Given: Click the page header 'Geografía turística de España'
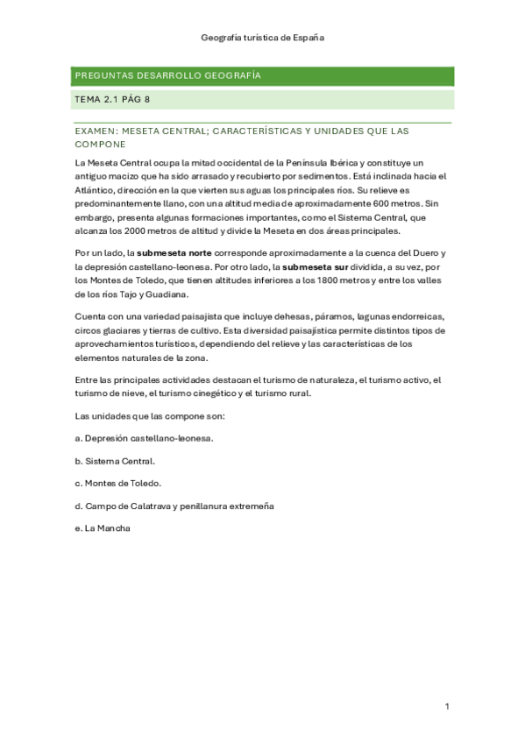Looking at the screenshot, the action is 263,39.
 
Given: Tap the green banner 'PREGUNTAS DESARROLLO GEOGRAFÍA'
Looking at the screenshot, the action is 167,76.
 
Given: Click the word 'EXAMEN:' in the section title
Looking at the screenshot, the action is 96,131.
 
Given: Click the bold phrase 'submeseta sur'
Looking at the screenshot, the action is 316,266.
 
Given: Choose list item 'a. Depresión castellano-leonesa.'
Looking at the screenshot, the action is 144,437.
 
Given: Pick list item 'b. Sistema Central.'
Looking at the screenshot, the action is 115,460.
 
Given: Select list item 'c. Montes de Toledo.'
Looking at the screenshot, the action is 117,483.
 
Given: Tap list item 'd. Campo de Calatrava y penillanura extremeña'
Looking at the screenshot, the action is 174,506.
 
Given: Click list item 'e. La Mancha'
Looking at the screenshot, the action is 103,528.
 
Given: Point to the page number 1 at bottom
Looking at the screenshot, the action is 447,706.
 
